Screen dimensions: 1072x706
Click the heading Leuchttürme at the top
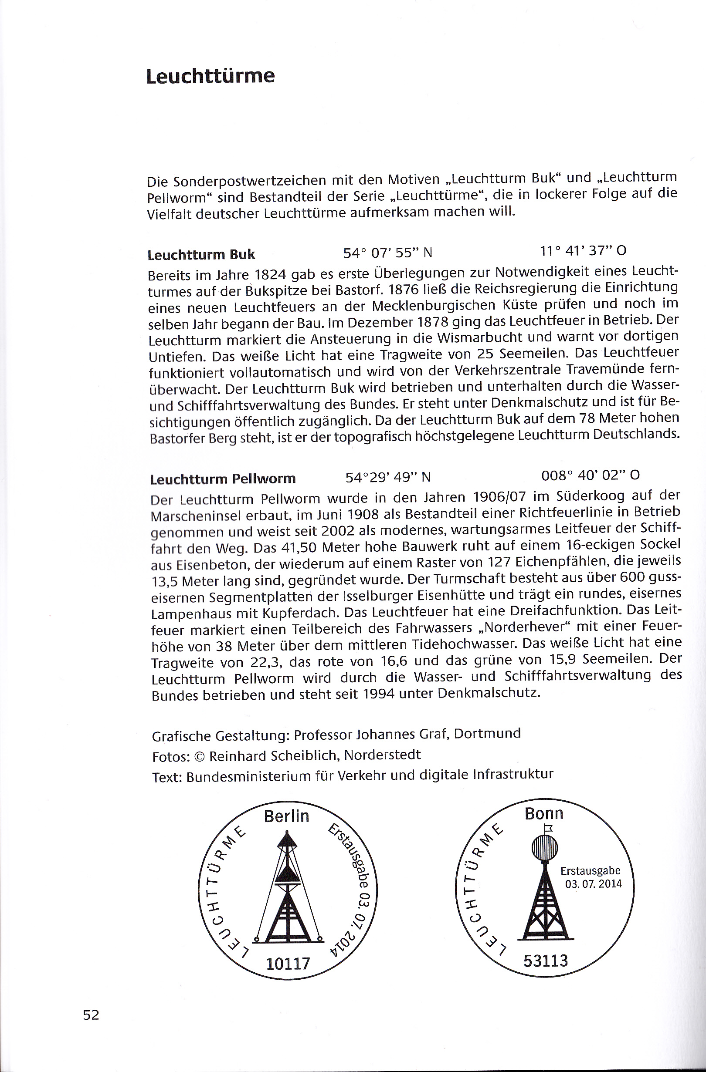(x=210, y=76)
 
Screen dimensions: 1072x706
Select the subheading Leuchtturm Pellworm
(x=223, y=479)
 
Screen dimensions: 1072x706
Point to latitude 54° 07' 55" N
(x=388, y=253)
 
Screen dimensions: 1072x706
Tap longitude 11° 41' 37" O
(x=583, y=250)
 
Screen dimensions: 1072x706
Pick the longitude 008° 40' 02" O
(x=590, y=475)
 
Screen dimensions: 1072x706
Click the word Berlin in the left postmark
(x=286, y=816)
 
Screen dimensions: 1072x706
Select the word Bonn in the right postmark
(x=544, y=813)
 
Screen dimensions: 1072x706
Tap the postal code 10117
(x=288, y=964)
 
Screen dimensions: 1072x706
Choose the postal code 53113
(x=546, y=961)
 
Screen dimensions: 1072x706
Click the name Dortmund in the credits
(x=487, y=733)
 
